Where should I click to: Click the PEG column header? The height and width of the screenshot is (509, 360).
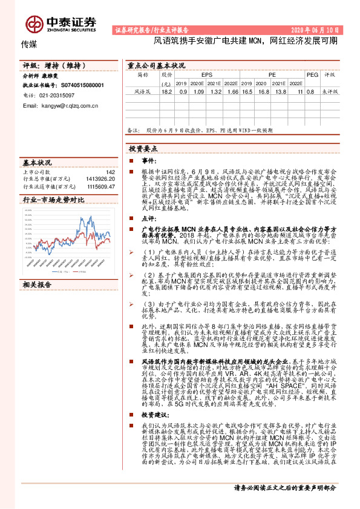[311, 75]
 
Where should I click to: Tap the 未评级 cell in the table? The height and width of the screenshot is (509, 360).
[330, 91]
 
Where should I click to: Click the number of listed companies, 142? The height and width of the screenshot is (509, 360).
[110, 172]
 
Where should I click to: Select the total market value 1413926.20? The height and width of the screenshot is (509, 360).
[101, 180]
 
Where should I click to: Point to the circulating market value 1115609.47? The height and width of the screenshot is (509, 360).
[101, 187]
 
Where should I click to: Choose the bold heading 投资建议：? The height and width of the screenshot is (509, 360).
[157, 398]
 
